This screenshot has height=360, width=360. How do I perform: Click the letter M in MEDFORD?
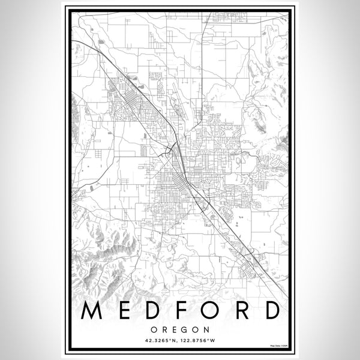tap(89, 311)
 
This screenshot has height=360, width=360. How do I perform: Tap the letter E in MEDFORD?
tap(120, 311)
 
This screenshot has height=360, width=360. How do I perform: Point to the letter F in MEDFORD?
tap(176, 311)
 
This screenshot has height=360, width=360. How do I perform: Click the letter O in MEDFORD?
tap(205, 311)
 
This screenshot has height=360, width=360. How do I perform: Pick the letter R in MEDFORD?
tap(238, 311)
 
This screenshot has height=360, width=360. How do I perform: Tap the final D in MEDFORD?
tap(269, 311)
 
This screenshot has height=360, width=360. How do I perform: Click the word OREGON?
tap(180, 329)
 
